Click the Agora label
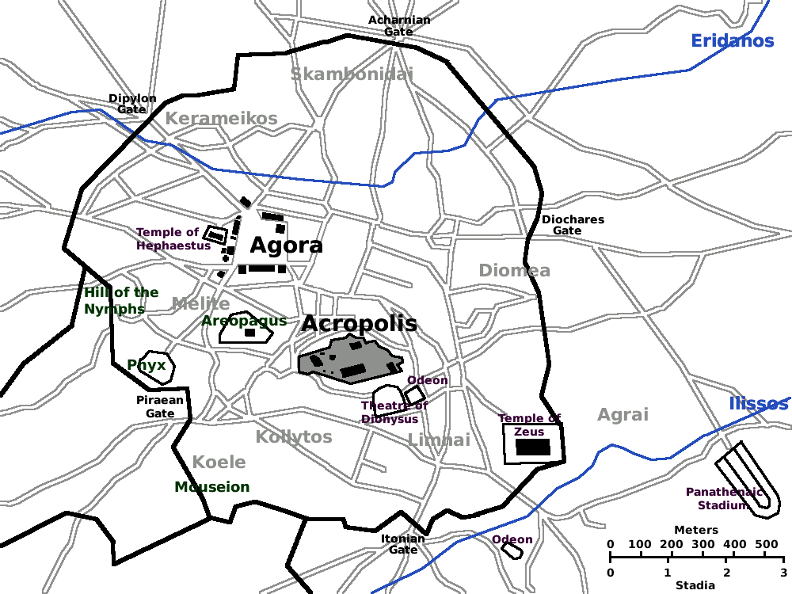[x=286, y=246]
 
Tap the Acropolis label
[x=359, y=324]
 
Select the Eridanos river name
[x=732, y=41]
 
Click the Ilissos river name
[x=758, y=405]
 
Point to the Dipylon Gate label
[x=132, y=104]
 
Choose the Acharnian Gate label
[x=399, y=25]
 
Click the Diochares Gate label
[x=573, y=225]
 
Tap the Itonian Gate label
[x=403, y=544]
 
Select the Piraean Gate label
[x=160, y=406]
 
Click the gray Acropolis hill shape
[x=348, y=360]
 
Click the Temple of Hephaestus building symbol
[x=215, y=235]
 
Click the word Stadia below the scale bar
[x=696, y=585]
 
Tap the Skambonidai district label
[x=352, y=74]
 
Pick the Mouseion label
[x=212, y=487]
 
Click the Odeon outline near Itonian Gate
[x=512, y=550]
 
